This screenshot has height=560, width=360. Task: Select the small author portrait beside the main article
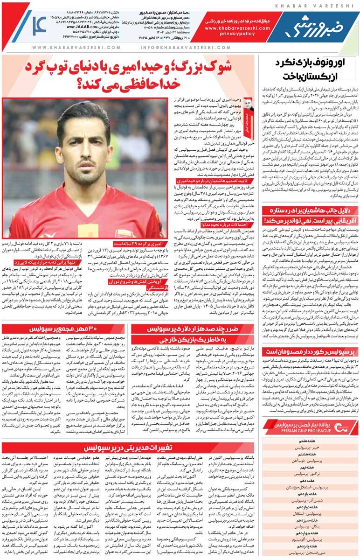click(x=248, y=108)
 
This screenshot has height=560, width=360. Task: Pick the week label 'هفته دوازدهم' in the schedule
click(x=307, y=506)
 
